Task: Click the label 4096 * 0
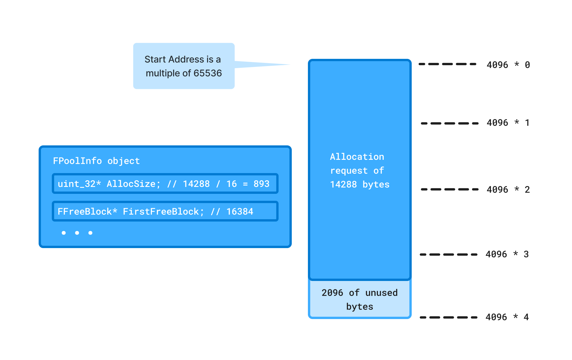point(508,65)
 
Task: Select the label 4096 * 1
point(508,123)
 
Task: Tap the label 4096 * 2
point(508,190)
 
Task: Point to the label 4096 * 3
point(507,254)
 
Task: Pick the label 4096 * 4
point(507,317)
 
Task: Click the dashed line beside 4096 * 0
point(447,64)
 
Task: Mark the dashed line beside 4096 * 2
point(449,190)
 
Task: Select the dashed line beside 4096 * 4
point(448,317)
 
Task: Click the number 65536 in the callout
point(208,73)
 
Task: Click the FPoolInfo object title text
point(96,161)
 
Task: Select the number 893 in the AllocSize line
point(261,184)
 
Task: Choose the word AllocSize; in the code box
point(133,184)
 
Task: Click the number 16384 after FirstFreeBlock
point(240,212)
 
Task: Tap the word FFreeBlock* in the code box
point(87,212)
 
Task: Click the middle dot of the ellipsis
point(77,233)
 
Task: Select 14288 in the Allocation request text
point(343,185)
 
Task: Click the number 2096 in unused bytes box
point(332,293)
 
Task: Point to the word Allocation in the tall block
point(357,157)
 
